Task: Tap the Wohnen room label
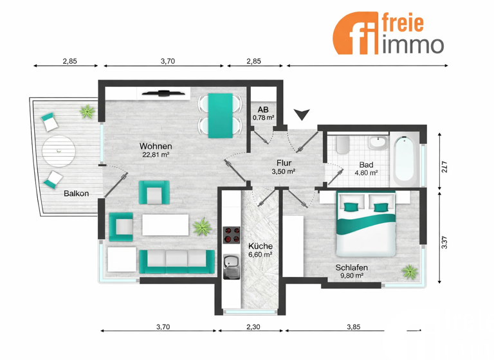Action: (x=156, y=146)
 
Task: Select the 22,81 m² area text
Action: (x=156, y=155)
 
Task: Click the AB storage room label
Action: (x=263, y=109)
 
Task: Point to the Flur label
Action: (x=284, y=163)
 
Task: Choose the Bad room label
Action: (x=365, y=165)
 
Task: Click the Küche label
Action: (x=261, y=246)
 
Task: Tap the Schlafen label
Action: (x=351, y=267)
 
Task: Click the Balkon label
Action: (x=76, y=193)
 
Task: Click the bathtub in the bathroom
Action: (x=405, y=158)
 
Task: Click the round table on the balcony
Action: (x=59, y=151)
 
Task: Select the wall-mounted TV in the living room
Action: (x=163, y=93)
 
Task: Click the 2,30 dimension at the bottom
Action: (x=253, y=327)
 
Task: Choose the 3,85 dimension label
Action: (x=352, y=327)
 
